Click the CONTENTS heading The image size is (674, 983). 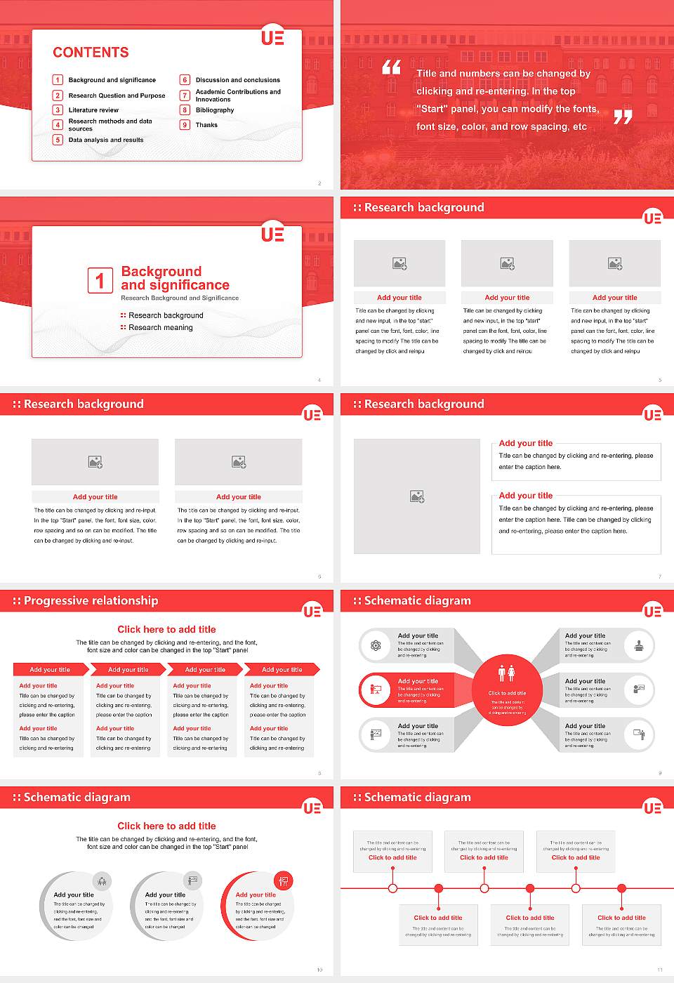91,52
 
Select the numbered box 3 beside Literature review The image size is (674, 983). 58,110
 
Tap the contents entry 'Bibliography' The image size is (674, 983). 215,110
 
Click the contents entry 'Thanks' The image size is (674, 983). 206,125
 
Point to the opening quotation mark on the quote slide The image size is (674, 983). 391,67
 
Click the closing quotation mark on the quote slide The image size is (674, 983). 623,117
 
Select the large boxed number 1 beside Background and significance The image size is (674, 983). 100,280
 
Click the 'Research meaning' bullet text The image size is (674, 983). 160,327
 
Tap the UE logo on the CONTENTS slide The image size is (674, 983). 272,37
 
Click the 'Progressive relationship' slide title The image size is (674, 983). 91,600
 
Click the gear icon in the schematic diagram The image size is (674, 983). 376,645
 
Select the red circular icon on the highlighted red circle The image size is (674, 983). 284,880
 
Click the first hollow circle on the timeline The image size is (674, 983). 393,888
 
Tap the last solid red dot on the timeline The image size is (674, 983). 621,888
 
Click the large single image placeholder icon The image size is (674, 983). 417,496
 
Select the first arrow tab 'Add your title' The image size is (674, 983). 50,669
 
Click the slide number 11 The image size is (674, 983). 659,970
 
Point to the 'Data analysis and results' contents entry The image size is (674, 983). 105,140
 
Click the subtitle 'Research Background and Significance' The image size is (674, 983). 180,298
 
